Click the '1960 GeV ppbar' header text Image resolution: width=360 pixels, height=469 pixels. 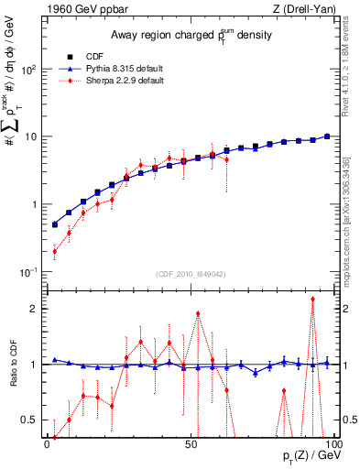(x=82, y=9)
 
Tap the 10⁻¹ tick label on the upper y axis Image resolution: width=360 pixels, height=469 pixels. (x=27, y=271)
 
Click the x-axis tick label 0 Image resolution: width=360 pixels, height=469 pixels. (x=47, y=444)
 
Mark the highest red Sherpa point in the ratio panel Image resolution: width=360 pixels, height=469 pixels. (x=312, y=299)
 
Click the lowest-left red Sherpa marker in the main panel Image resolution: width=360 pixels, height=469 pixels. (x=55, y=251)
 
